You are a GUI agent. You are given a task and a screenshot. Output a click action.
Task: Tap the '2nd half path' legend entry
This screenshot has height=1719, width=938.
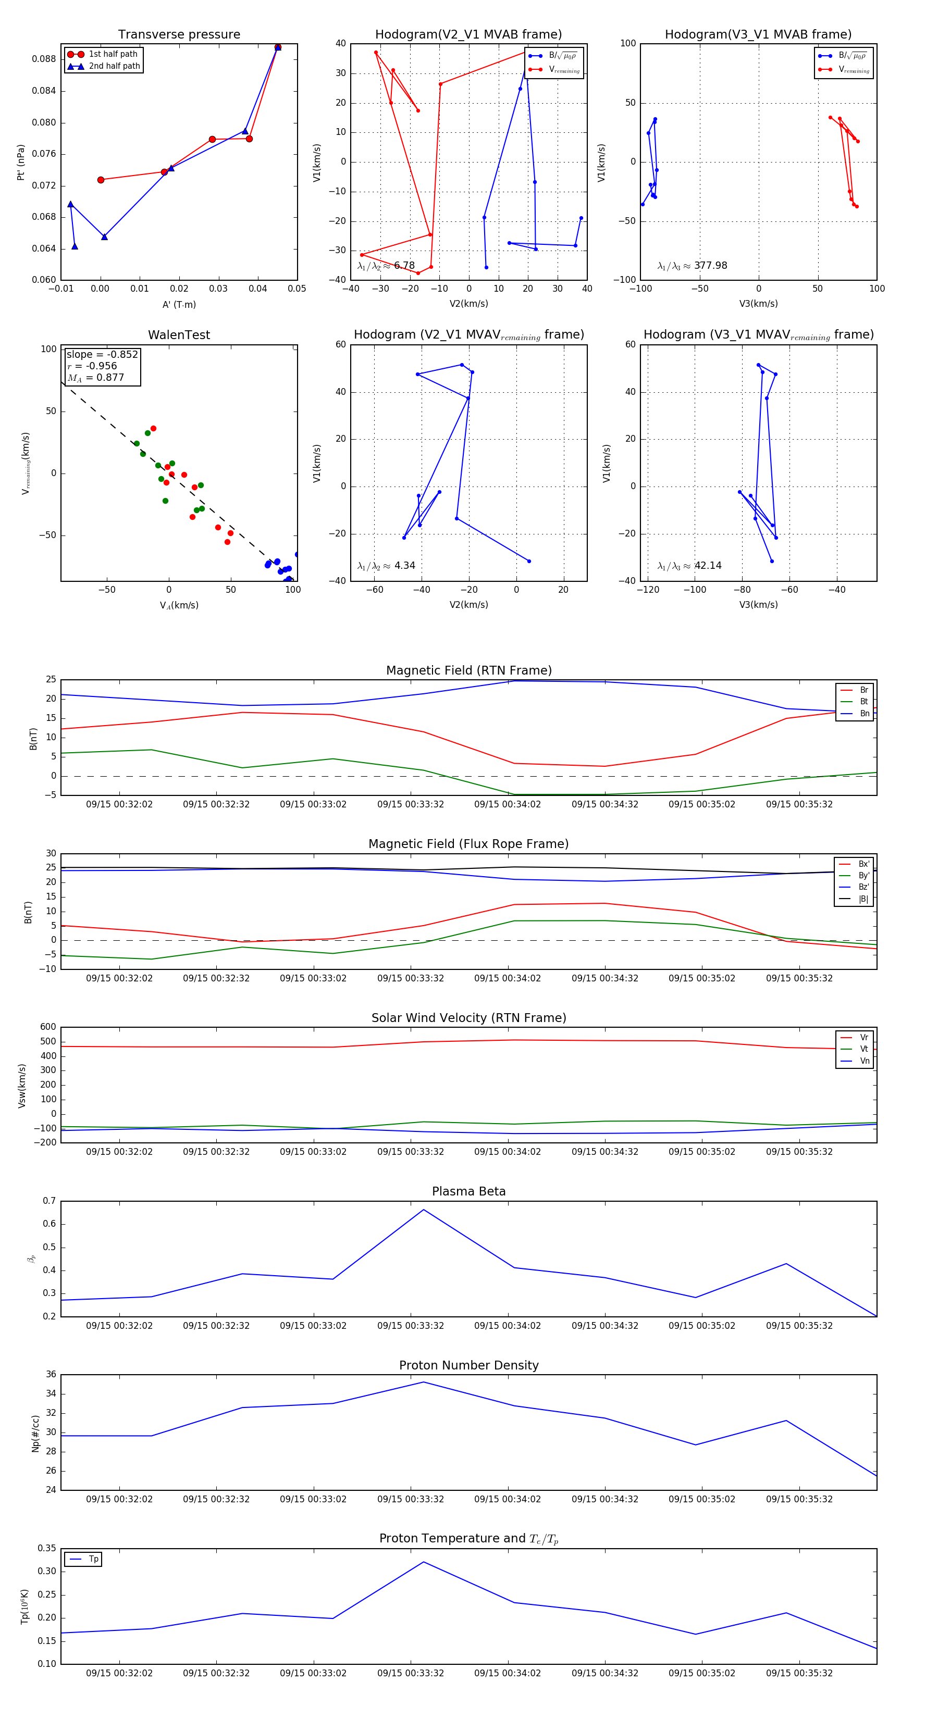click(114, 66)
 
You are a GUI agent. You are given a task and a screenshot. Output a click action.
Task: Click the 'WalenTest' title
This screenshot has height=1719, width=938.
click(179, 335)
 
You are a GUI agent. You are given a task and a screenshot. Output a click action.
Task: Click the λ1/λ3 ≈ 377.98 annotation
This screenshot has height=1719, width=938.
click(693, 266)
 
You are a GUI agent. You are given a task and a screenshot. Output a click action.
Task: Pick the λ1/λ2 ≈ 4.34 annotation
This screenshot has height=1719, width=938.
click(386, 566)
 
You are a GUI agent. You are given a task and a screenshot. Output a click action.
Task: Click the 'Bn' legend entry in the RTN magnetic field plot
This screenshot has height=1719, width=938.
click(864, 713)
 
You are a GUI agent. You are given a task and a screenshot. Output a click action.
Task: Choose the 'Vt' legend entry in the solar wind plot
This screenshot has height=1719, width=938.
click(864, 1049)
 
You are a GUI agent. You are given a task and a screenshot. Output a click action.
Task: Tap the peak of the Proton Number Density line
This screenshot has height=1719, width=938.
click(423, 1382)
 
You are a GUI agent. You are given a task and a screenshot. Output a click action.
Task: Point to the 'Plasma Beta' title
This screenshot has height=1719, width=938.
click(468, 1192)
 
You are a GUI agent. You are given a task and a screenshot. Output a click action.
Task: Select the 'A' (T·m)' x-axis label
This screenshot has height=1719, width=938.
click(179, 304)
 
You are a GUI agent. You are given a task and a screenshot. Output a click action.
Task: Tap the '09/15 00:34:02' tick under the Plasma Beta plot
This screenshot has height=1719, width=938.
click(508, 1326)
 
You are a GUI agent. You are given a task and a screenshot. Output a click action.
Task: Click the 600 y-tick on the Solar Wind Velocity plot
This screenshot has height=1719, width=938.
click(48, 1027)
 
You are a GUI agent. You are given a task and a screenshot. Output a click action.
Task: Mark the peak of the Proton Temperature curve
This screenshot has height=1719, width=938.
click(423, 1562)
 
